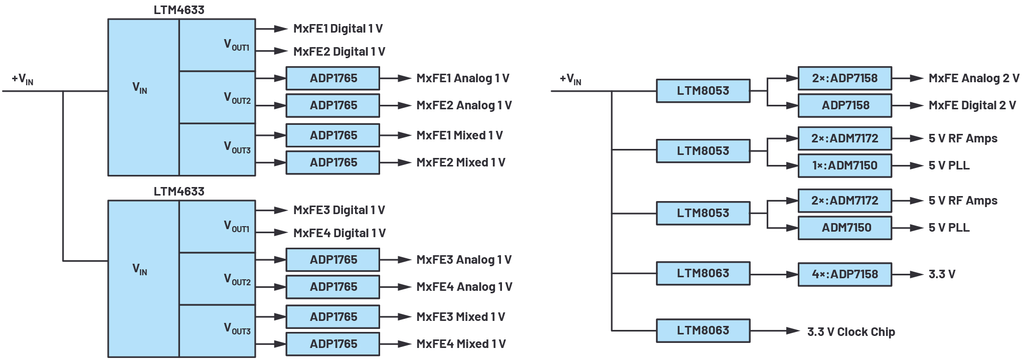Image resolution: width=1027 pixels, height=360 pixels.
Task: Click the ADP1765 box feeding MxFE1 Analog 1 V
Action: click(x=333, y=78)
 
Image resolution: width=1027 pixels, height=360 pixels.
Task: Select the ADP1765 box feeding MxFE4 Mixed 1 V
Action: click(x=333, y=344)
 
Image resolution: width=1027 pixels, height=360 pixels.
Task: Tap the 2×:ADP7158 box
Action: click(x=844, y=78)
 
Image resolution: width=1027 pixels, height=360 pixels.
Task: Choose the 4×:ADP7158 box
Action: click(x=844, y=274)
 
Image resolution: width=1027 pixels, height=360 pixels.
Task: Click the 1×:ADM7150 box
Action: click(x=844, y=165)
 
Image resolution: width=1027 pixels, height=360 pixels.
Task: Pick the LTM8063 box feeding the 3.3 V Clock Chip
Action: click(x=703, y=330)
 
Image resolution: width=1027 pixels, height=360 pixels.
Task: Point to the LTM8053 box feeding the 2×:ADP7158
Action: click(x=703, y=91)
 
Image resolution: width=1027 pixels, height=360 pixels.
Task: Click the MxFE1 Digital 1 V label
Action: click(x=338, y=29)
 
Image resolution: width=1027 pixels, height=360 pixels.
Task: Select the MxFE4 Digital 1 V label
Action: click(x=339, y=233)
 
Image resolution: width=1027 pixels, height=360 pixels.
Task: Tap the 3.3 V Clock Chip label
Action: click(x=851, y=332)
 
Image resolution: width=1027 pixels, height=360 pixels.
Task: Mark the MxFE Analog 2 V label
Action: click(x=974, y=78)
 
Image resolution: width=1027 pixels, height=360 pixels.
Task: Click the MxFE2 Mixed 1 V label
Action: click(x=461, y=162)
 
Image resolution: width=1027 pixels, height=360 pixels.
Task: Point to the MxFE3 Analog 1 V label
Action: click(x=464, y=260)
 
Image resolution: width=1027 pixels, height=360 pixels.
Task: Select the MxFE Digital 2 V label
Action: click(x=972, y=105)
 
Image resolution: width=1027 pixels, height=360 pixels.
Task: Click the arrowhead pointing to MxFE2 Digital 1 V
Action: click(x=281, y=51)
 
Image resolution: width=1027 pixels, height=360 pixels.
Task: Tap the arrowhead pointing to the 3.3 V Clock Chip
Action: click(x=793, y=331)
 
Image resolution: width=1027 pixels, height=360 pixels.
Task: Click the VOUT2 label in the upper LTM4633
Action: click(x=237, y=97)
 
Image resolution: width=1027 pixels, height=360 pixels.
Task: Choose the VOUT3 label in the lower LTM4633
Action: click(x=237, y=328)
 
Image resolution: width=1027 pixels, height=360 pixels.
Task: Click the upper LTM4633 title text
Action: click(x=179, y=10)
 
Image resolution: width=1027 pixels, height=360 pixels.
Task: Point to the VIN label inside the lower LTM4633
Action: click(x=140, y=269)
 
